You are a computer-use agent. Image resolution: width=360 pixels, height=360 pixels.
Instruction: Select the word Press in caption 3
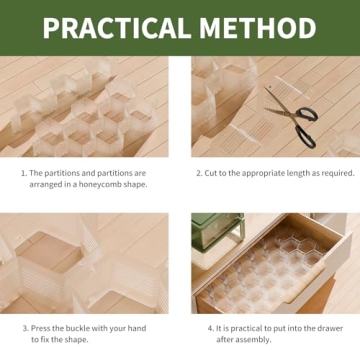(40, 326)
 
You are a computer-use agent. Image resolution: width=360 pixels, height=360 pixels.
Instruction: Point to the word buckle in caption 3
(73, 326)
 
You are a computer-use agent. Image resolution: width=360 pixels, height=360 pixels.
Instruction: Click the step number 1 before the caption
(23, 171)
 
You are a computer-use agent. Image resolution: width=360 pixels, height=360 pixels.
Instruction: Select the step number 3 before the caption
(23, 326)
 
